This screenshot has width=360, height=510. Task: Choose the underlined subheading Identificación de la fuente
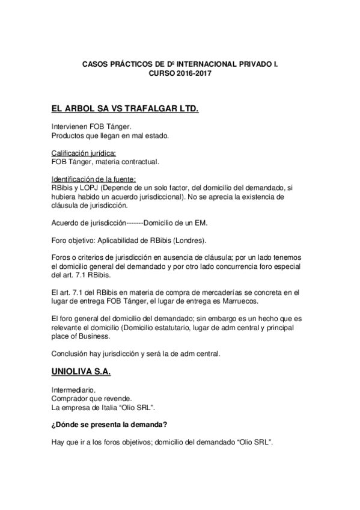pos(94,179)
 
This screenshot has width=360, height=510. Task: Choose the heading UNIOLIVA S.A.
pos(81,373)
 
